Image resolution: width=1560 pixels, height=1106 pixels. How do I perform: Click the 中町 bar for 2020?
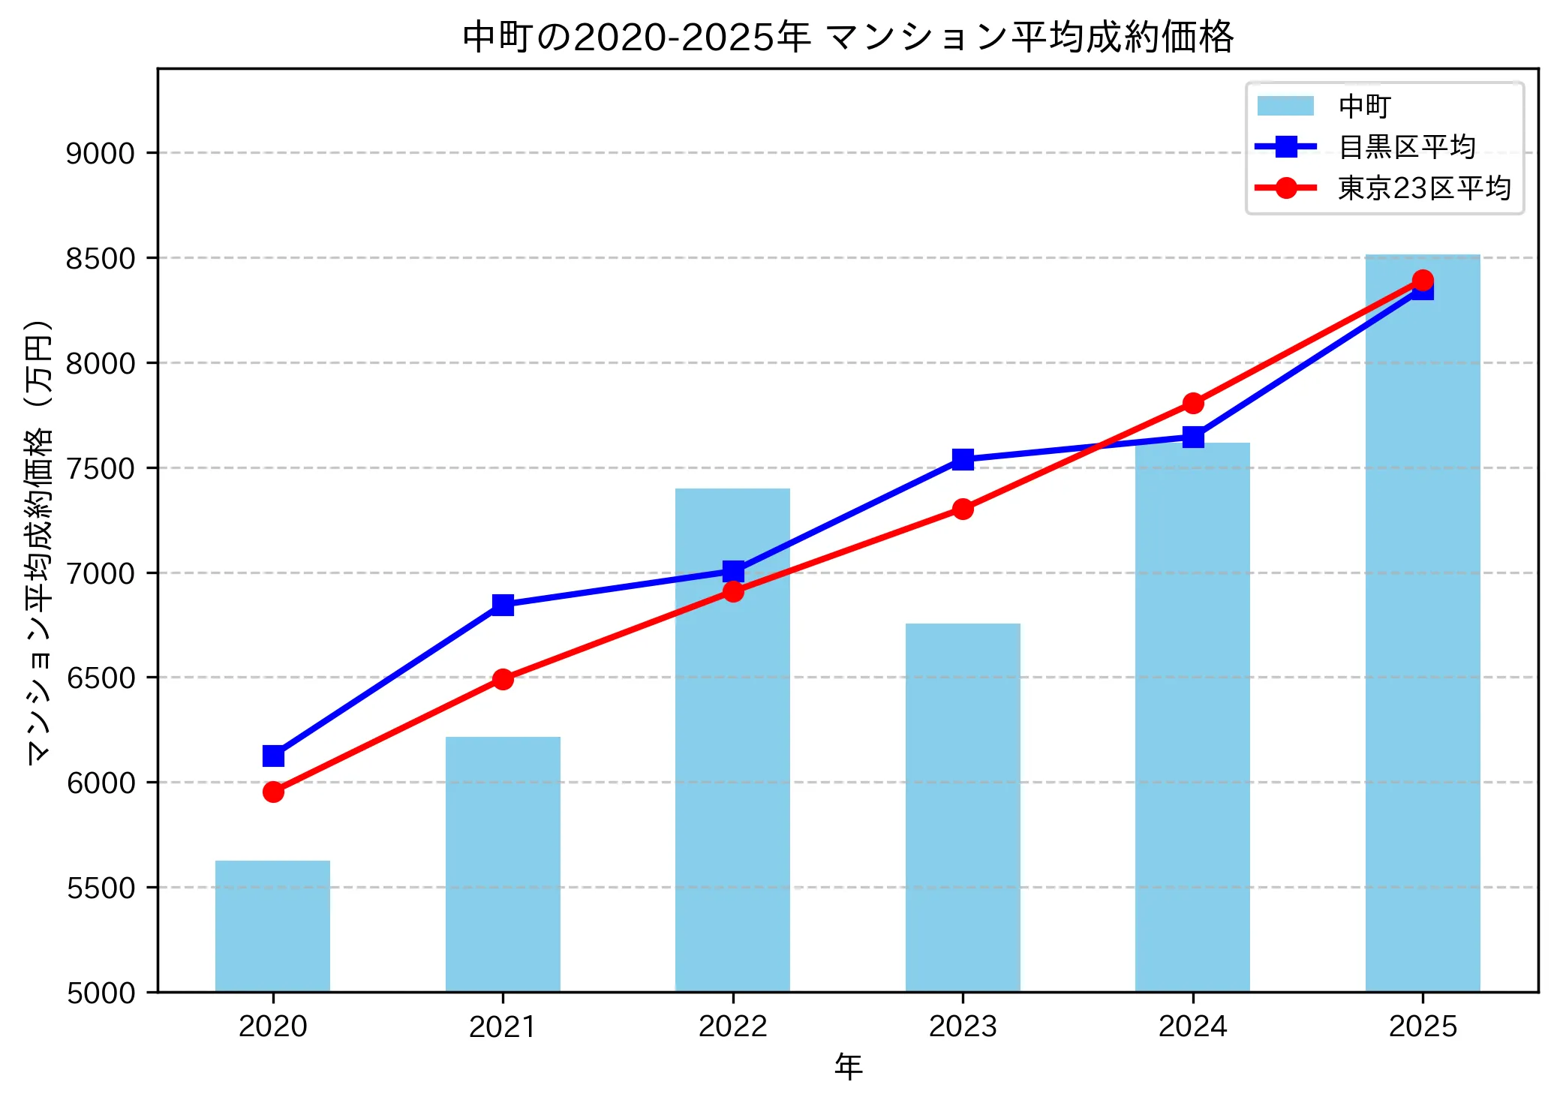click(x=272, y=926)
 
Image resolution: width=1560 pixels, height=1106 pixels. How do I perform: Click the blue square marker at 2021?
click(x=503, y=605)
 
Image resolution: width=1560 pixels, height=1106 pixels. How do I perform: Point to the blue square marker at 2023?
click(x=963, y=459)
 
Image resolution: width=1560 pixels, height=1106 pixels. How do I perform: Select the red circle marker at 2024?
click(x=1193, y=404)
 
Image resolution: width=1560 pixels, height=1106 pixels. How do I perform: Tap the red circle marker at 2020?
click(x=273, y=792)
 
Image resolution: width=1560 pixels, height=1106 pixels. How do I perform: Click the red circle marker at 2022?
click(x=733, y=592)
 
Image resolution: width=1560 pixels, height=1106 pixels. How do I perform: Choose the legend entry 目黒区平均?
click(x=1406, y=147)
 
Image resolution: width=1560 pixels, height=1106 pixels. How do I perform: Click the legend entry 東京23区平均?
click(x=1423, y=188)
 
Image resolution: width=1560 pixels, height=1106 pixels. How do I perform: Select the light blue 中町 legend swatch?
click(x=1285, y=106)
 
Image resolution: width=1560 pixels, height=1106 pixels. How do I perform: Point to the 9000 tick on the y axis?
click(x=100, y=154)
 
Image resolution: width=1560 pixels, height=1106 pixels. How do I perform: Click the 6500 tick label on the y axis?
click(x=100, y=678)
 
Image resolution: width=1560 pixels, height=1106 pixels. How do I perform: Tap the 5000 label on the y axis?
click(x=100, y=993)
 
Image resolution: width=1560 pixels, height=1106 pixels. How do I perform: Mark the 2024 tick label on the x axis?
click(x=1192, y=1026)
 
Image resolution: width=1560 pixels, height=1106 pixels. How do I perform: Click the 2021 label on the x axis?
click(x=502, y=1026)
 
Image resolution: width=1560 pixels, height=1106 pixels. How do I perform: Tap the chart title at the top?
click(x=848, y=36)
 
